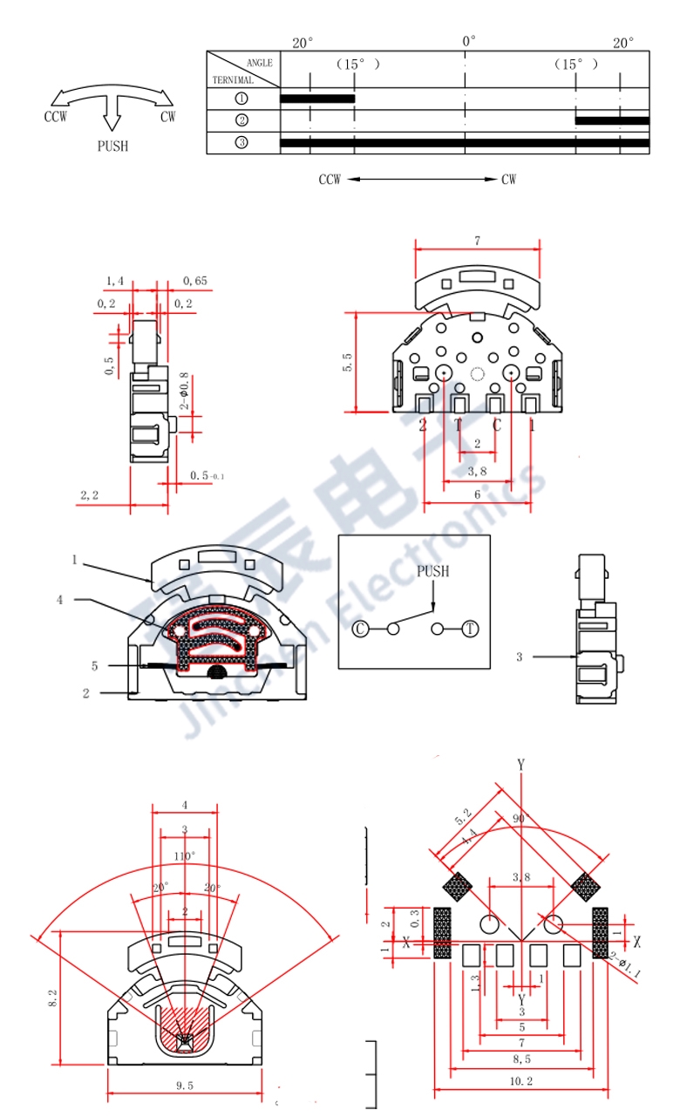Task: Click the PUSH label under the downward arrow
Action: click(112, 146)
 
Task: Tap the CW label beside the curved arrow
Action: click(167, 117)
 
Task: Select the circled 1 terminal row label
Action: click(241, 99)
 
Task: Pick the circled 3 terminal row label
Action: click(241, 142)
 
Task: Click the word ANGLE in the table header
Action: click(259, 63)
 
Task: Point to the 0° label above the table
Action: click(468, 41)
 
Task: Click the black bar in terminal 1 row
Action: click(317, 99)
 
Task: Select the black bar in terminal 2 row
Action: click(612, 120)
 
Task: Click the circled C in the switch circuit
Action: click(359, 629)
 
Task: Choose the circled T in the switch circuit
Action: click(471, 629)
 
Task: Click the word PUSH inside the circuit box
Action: click(432, 571)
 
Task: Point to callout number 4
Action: click(60, 600)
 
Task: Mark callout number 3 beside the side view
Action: click(519, 656)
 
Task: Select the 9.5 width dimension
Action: click(184, 1086)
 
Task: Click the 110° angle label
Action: click(184, 856)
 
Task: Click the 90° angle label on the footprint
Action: click(520, 820)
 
